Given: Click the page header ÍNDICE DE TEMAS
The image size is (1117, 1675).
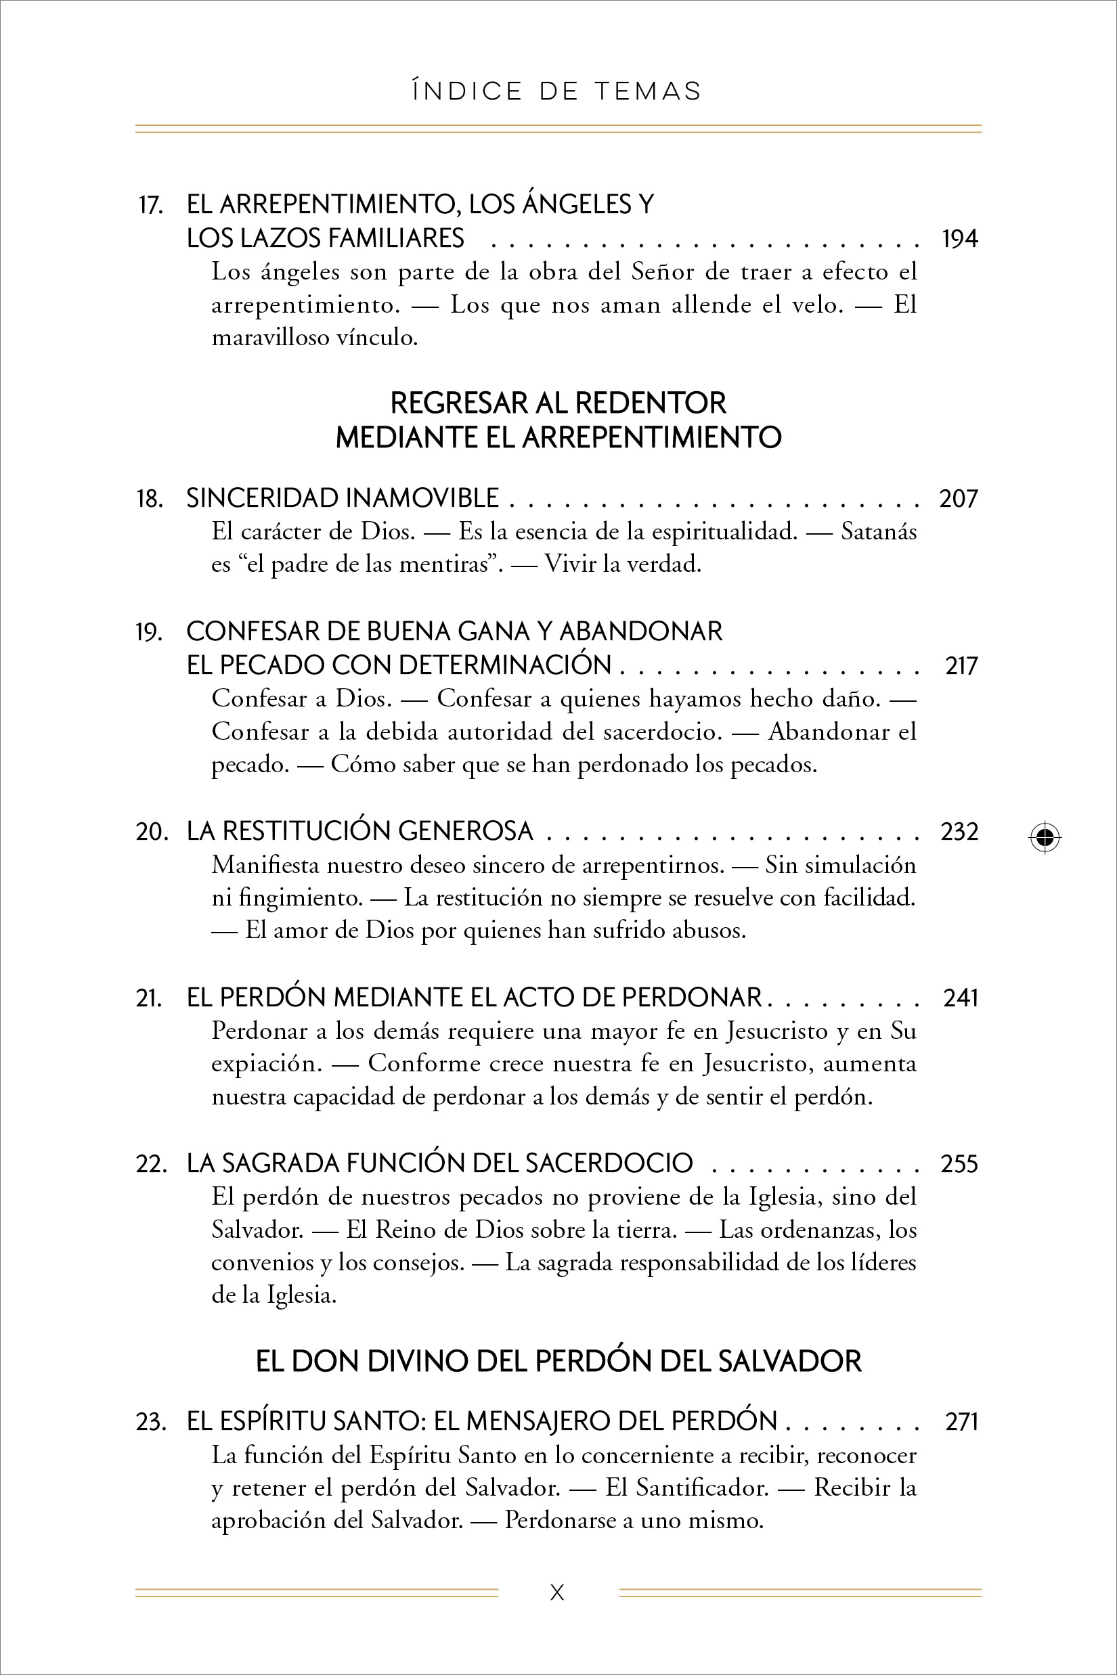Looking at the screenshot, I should (557, 92).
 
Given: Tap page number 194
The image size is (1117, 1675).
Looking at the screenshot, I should (959, 239).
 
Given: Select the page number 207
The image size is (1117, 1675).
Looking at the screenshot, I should (959, 499).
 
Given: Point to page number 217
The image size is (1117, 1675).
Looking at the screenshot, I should (961, 666).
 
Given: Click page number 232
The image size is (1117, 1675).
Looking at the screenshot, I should (959, 832).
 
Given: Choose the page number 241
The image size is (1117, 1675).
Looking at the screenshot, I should (960, 998).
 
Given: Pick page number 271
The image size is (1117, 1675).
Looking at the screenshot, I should (961, 1421).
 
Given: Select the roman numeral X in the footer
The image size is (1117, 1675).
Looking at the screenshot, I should (557, 1593).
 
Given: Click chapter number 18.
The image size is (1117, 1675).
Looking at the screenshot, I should (150, 499).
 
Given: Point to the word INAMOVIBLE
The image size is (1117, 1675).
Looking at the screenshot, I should (422, 499).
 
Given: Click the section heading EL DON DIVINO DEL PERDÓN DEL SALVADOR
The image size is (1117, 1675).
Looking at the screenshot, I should (558, 1362).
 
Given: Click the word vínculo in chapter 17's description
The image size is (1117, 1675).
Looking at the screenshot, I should (377, 338).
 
